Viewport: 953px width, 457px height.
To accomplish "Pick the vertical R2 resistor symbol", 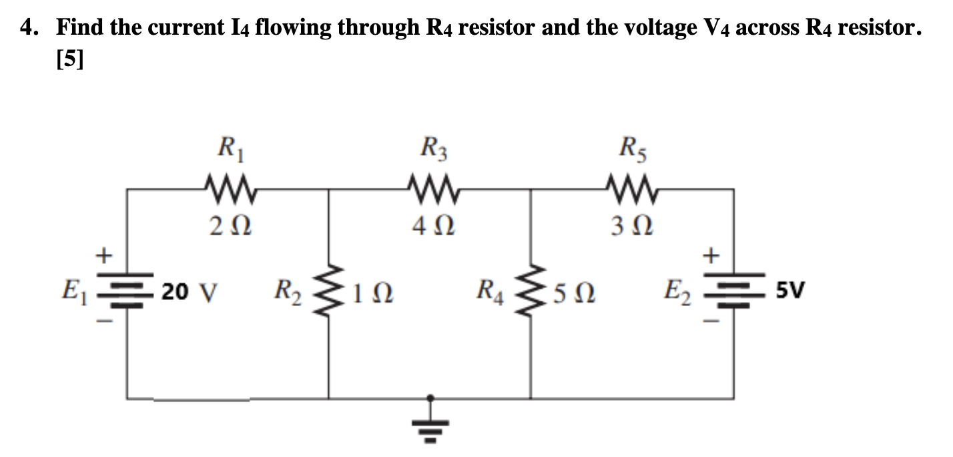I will click(327, 291).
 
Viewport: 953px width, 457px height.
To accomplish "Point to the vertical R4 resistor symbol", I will click(531, 291).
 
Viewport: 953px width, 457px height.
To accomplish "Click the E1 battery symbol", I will click(126, 292).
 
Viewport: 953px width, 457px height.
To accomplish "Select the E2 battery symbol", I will click(733, 292).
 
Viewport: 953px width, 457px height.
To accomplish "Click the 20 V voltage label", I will click(190, 292).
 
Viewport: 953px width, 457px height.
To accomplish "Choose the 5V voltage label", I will click(791, 291).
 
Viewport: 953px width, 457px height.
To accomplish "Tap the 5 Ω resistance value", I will click(575, 293).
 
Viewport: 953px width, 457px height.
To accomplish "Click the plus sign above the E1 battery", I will click(103, 255).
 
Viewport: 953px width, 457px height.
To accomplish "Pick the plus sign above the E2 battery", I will click(711, 255).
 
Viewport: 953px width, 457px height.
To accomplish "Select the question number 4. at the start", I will click(32, 27).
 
